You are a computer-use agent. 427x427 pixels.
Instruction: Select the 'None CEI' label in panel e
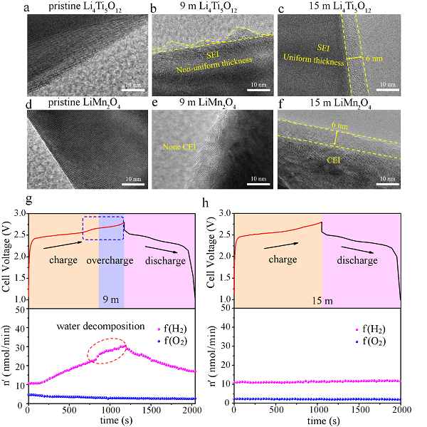pyautogui.click(x=177, y=148)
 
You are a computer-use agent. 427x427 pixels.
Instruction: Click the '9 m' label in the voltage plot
pyautogui.click(x=110, y=298)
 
